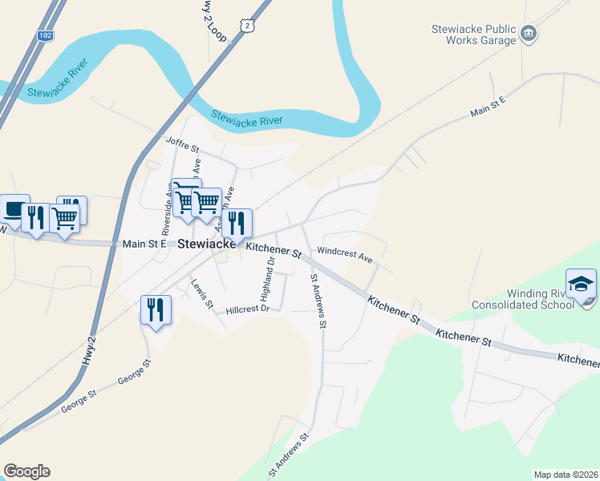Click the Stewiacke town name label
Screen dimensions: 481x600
pyautogui.click(x=205, y=243)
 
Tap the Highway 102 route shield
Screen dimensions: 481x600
pyautogui.click(x=44, y=36)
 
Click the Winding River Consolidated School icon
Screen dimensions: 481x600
pyautogui.click(x=581, y=285)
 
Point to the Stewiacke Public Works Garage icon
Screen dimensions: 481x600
pyautogui.click(x=529, y=33)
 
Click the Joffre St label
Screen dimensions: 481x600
pyautogui.click(x=182, y=144)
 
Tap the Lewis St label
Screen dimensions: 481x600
pyautogui.click(x=201, y=293)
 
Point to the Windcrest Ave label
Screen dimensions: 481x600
pyautogui.click(x=345, y=255)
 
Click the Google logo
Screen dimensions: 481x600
pyautogui.click(x=26, y=471)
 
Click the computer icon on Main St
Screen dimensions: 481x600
pyautogui.click(x=13, y=209)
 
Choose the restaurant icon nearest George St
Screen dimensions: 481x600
pyautogui.click(x=156, y=309)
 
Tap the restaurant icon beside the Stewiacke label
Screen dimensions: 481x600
pyautogui.click(x=237, y=222)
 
